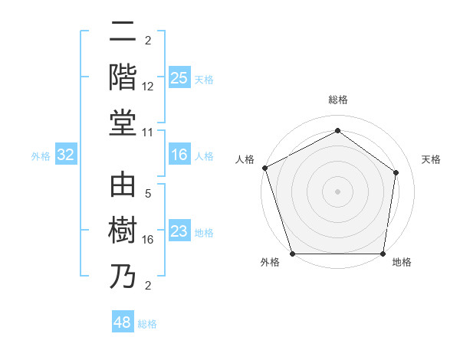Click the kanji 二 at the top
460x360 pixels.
pyautogui.click(x=123, y=33)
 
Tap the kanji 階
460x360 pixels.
pyautogui.click(x=123, y=79)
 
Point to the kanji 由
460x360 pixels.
pyautogui.click(x=123, y=185)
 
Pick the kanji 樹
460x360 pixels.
pyautogui.click(x=123, y=231)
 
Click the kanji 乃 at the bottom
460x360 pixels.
pyautogui.click(x=123, y=277)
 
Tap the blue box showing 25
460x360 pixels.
pyautogui.click(x=179, y=78)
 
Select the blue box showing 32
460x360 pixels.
pyautogui.click(x=66, y=155)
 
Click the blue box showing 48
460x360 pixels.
pyautogui.click(x=123, y=322)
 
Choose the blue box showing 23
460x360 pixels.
pyautogui.click(x=179, y=231)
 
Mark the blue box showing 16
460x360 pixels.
pyautogui.click(x=179, y=155)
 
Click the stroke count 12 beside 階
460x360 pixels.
pyautogui.click(x=148, y=87)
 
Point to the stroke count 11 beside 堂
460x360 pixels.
pyautogui.click(x=148, y=133)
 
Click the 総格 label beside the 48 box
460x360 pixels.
pyautogui.click(x=147, y=324)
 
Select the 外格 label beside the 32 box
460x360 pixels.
pyautogui.click(x=41, y=156)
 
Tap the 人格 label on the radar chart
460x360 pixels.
pyautogui.click(x=245, y=159)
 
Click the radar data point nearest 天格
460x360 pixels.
pyautogui.click(x=396, y=172)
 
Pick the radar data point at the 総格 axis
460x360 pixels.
pyautogui.click(x=337, y=130)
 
